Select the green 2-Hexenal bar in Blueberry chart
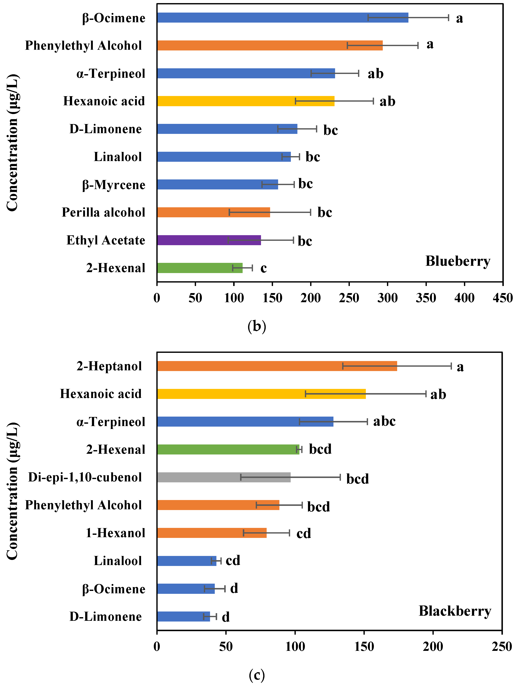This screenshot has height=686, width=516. click(x=200, y=268)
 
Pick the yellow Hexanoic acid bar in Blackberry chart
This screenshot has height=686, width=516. click(x=261, y=394)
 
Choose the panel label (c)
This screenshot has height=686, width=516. click(x=257, y=675)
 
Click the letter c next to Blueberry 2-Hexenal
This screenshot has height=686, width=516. click(x=263, y=268)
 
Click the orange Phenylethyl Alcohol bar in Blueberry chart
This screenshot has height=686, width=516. click(x=270, y=45)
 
